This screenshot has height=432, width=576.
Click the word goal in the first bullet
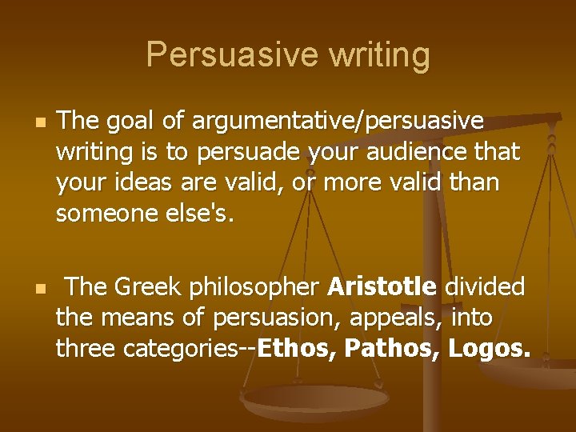point(132,121)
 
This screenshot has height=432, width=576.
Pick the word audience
point(422,150)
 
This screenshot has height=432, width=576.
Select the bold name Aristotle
point(382,286)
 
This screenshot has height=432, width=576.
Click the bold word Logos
point(490,349)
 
